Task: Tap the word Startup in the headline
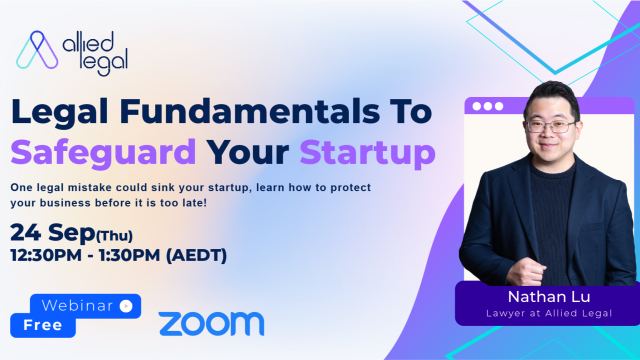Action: [x=367, y=153]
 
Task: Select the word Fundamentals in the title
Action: [x=250, y=111]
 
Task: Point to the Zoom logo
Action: [x=211, y=323]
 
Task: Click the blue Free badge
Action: [x=43, y=325]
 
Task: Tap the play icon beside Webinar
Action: [x=126, y=306]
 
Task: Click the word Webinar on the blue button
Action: [x=77, y=305]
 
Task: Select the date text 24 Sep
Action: [x=52, y=233]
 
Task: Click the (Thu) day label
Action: [x=114, y=235]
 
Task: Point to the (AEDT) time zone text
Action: [x=196, y=255]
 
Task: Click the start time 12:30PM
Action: [x=46, y=255]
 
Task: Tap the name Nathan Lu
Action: [x=549, y=296]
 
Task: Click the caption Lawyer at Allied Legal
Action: [x=549, y=313]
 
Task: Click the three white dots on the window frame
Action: [x=487, y=106]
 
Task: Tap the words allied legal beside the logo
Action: [x=95, y=53]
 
